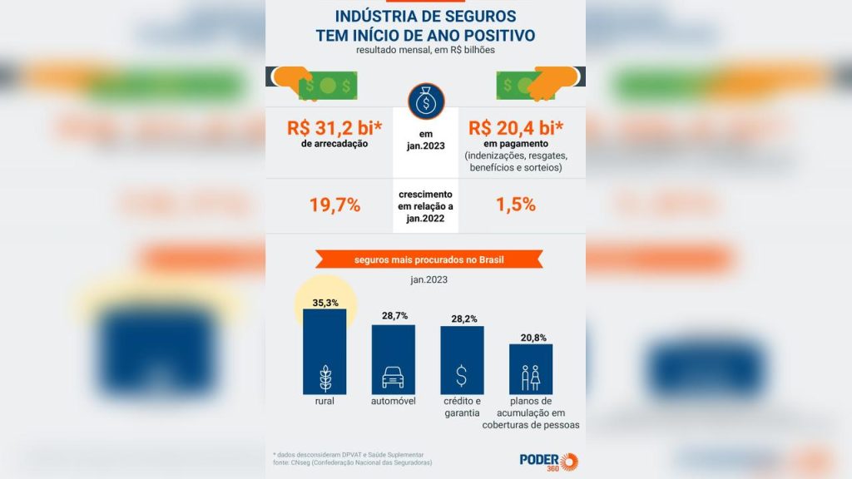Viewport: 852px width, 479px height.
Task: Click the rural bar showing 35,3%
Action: [324, 352]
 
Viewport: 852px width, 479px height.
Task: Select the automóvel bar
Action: [394, 359]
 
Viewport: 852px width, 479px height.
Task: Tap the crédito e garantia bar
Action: [462, 360]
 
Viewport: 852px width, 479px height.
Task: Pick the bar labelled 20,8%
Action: [531, 369]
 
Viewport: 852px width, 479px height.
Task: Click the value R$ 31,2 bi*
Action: [334, 128]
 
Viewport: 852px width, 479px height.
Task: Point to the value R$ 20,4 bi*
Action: [516, 128]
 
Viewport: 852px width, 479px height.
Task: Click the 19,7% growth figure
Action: [334, 205]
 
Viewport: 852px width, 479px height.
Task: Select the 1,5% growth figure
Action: [516, 205]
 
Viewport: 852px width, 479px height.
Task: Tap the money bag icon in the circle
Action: [426, 101]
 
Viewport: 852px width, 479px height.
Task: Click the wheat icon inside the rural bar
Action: [325, 378]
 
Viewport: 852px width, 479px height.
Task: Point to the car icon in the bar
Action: [393, 378]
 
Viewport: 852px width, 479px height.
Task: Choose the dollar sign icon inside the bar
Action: [461, 376]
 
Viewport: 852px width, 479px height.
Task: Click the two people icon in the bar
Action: [530, 378]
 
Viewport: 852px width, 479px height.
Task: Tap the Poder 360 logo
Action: [549, 462]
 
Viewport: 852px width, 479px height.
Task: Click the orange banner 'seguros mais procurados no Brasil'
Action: [429, 259]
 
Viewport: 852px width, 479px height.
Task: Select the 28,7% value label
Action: [394, 315]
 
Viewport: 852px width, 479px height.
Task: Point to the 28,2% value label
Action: [464, 319]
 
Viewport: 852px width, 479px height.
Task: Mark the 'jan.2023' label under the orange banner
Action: [429, 279]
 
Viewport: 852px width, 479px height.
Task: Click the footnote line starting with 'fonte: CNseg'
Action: [353, 462]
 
